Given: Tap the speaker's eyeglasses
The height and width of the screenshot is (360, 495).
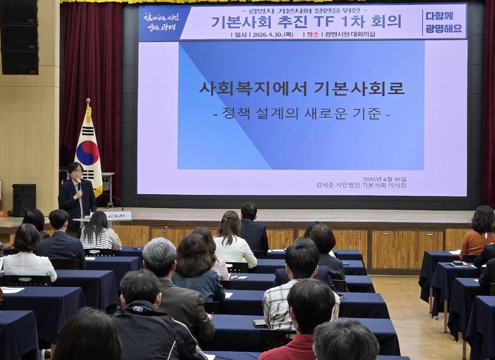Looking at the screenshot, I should (x=76, y=171).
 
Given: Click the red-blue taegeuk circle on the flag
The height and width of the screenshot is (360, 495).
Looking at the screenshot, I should (x=87, y=153).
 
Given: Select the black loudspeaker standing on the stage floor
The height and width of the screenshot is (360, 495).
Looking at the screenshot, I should (x=24, y=200).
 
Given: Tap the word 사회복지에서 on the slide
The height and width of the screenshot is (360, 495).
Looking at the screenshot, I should (x=251, y=88).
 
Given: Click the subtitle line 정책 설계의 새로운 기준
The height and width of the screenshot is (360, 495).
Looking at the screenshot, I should (x=302, y=113).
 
